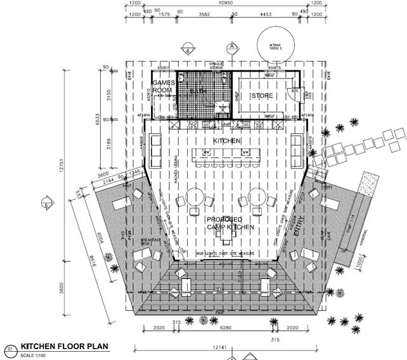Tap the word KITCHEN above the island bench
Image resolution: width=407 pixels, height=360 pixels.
226,141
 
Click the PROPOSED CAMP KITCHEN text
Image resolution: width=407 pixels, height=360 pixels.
229,223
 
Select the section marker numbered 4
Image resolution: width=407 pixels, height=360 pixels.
188,50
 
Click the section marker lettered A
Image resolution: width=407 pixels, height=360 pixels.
233,46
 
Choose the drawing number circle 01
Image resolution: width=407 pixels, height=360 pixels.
10,348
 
